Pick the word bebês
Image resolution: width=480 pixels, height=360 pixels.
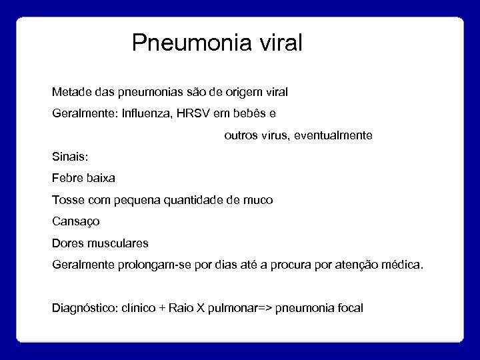(x=260, y=113)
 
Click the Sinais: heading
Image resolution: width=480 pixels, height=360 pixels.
(x=69, y=157)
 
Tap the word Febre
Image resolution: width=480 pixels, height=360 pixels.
(x=67, y=178)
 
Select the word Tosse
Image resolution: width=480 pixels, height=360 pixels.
(x=67, y=199)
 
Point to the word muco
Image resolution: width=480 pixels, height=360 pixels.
(x=259, y=199)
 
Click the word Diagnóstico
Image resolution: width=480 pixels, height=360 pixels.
(x=82, y=308)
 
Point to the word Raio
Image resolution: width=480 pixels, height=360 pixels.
(x=181, y=308)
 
